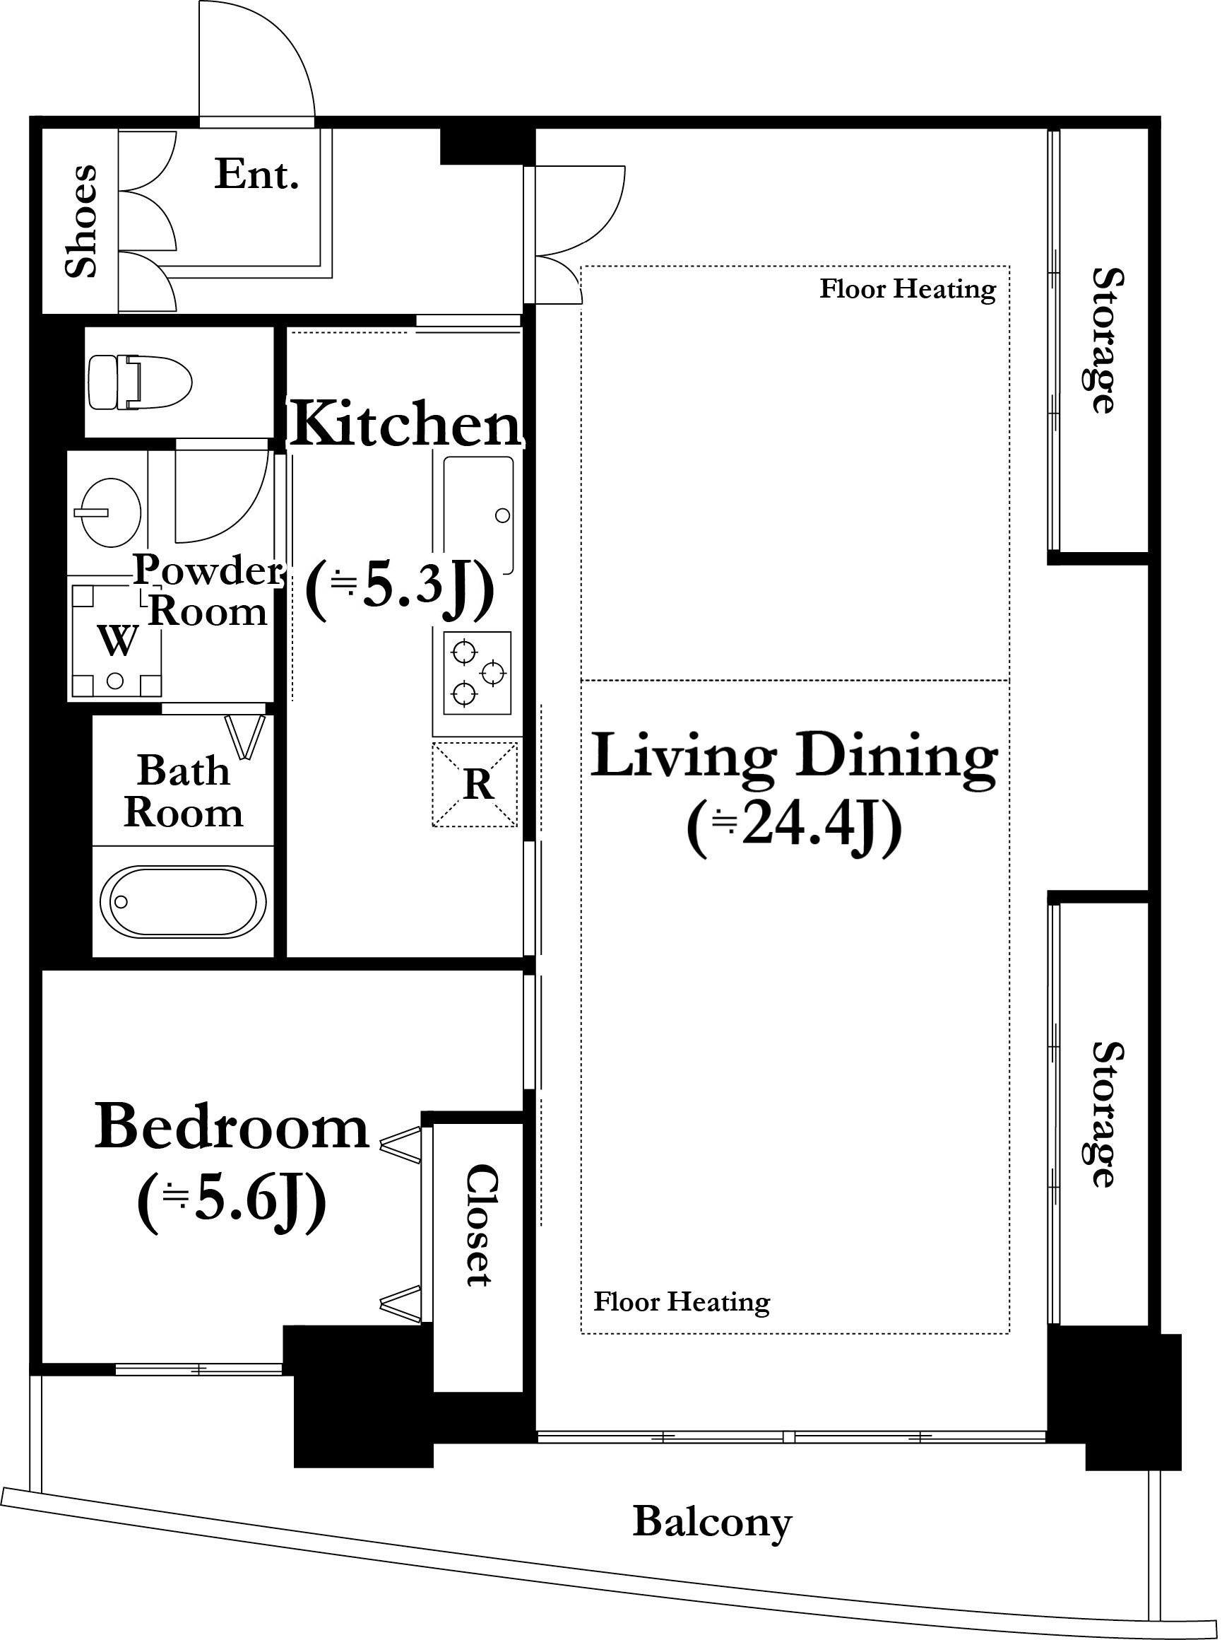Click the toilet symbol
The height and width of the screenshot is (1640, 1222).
(140, 382)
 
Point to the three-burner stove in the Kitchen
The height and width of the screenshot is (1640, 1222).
(477, 673)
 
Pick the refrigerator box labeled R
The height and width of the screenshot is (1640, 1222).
(475, 785)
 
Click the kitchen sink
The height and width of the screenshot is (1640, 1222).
(478, 514)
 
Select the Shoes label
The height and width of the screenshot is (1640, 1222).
(81, 221)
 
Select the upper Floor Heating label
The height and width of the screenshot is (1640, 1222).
(908, 288)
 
